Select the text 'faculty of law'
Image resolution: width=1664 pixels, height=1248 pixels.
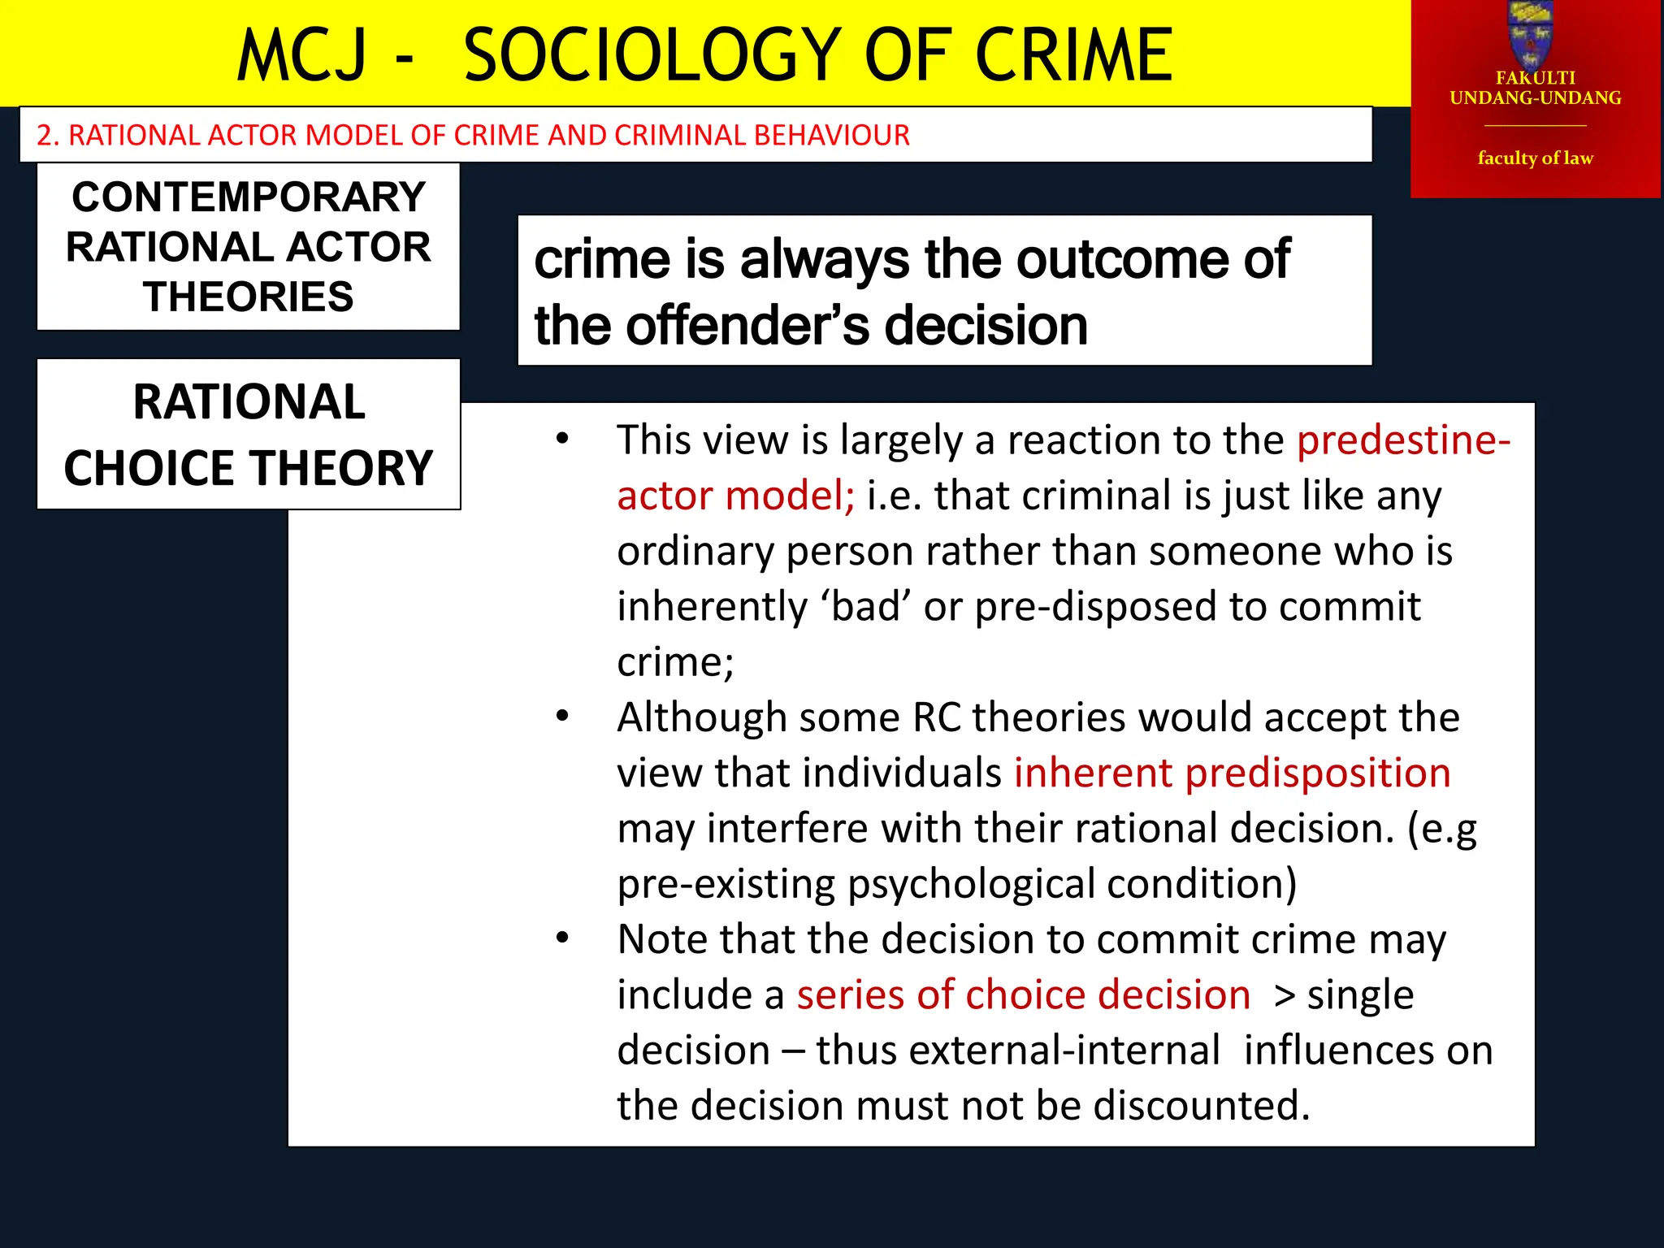click(1535, 158)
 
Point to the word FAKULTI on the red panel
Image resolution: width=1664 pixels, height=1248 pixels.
click(1535, 78)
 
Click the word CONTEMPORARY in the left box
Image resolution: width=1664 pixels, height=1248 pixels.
click(249, 197)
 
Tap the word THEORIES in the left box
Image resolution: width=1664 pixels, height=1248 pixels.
click(249, 297)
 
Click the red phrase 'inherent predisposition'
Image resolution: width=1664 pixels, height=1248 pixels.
click(1232, 773)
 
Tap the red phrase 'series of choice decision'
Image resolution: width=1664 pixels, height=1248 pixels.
click(1023, 995)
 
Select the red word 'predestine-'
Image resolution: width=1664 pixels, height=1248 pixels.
click(1403, 440)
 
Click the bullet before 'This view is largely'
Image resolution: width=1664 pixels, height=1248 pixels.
click(562, 440)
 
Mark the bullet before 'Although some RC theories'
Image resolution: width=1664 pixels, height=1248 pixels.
click(562, 717)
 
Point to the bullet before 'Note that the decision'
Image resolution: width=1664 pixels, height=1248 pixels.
click(562, 938)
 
